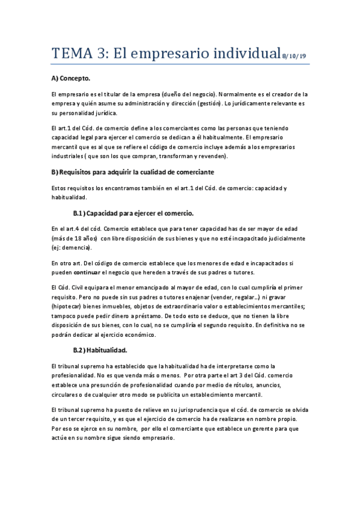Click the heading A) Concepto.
pos(71,79)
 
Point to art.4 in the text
pos(75,229)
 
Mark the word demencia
pos(77,248)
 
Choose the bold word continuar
pos(90,272)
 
